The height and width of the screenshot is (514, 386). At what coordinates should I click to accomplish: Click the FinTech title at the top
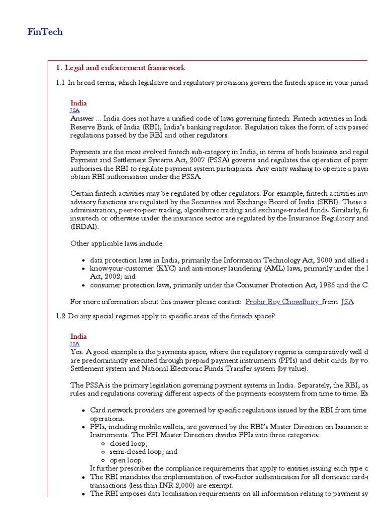coord(45,32)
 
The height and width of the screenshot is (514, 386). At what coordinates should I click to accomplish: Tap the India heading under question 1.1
coord(78,103)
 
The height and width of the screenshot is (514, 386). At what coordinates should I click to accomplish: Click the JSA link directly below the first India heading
coord(74,110)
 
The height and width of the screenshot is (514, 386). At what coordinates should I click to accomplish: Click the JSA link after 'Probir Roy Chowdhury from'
coord(347,302)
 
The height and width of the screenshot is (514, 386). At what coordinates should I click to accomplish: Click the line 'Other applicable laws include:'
coord(117,243)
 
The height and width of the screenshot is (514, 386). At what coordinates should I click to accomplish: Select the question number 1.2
coord(61,316)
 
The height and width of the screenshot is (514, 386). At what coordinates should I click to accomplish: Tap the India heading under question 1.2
coord(78,336)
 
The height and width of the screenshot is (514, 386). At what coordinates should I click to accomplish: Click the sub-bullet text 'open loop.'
coord(126,460)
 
